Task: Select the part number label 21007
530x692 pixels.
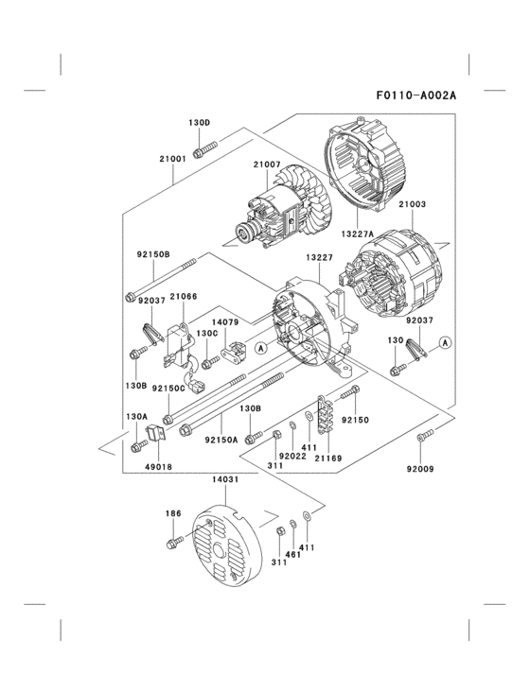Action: pos(267,164)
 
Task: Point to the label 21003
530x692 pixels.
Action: pos(412,203)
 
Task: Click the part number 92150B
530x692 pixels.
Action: pos(152,254)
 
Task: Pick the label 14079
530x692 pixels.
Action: pos(224,321)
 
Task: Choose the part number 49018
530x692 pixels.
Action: pos(158,466)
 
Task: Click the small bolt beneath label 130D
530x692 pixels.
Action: pos(204,148)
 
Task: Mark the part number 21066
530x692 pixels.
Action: pos(184,296)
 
